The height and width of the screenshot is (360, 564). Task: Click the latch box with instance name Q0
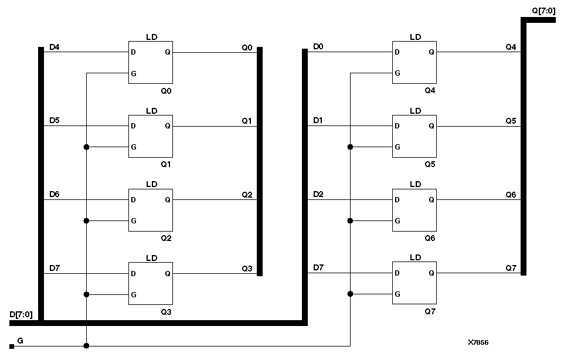[x=151, y=62]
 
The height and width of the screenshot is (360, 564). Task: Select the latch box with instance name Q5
[x=414, y=135]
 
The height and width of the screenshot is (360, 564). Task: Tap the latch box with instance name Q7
[x=414, y=283]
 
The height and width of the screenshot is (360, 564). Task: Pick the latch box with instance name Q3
[x=151, y=283]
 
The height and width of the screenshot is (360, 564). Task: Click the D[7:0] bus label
[x=21, y=315]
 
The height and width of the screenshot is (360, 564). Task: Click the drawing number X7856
[x=478, y=342]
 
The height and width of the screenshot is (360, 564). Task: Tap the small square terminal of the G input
[x=11, y=346]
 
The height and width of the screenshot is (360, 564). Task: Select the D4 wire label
[x=54, y=47]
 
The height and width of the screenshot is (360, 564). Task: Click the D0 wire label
[x=318, y=46]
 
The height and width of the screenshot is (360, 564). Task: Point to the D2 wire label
[x=318, y=193]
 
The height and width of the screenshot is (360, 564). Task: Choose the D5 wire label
[x=54, y=120]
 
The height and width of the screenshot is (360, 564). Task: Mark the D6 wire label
[x=54, y=193]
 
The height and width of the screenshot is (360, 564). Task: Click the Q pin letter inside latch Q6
[x=432, y=199]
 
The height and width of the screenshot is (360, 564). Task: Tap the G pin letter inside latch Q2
[x=134, y=221]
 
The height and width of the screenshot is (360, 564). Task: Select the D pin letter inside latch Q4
[x=397, y=52]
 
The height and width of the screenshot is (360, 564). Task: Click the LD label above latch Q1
[x=151, y=111]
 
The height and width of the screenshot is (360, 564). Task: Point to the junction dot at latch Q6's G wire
[x=350, y=220]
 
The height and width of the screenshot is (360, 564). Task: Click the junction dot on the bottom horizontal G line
[x=86, y=346]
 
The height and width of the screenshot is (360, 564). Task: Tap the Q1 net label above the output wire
[x=247, y=120]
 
